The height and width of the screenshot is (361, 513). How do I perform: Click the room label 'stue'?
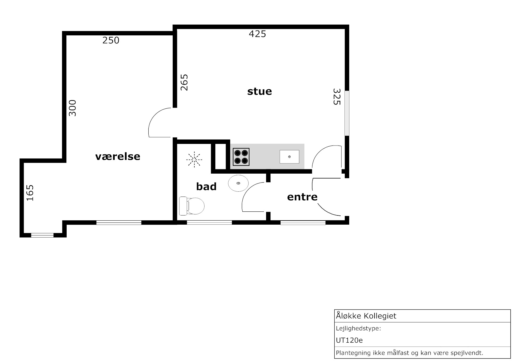tap(259, 92)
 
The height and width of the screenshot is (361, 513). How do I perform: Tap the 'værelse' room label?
tap(118, 157)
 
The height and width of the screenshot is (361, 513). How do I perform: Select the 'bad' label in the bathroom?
tap(206, 187)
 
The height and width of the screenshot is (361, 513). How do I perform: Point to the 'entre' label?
tap(302, 197)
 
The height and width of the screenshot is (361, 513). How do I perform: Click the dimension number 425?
tap(257, 34)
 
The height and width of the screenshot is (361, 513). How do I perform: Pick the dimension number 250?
tap(111, 41)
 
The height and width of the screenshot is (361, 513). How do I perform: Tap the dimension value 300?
tap(72, 108)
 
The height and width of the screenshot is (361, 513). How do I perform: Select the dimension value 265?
tap(184, 82)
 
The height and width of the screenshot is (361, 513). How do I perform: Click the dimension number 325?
tap(337, 97)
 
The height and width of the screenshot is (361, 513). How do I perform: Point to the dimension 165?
tap(30, 193)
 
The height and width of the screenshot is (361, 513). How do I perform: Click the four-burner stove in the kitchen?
tap(241, 157)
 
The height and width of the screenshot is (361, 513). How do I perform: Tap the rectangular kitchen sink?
tap(289, 157)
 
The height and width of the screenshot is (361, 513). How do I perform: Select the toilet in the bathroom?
tap(192, 206)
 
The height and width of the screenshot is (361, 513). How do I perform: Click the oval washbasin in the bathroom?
tap(238, 183)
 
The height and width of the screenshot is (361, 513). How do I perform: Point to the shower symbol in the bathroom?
tap(194, 160)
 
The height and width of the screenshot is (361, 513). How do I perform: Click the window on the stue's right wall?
tap(347, 113)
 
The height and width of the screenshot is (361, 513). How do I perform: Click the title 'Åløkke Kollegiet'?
tap(366, 316)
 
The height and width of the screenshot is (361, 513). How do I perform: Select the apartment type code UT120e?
tap(349, 340)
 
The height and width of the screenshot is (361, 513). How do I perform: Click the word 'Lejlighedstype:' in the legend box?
tap(358, 329)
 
